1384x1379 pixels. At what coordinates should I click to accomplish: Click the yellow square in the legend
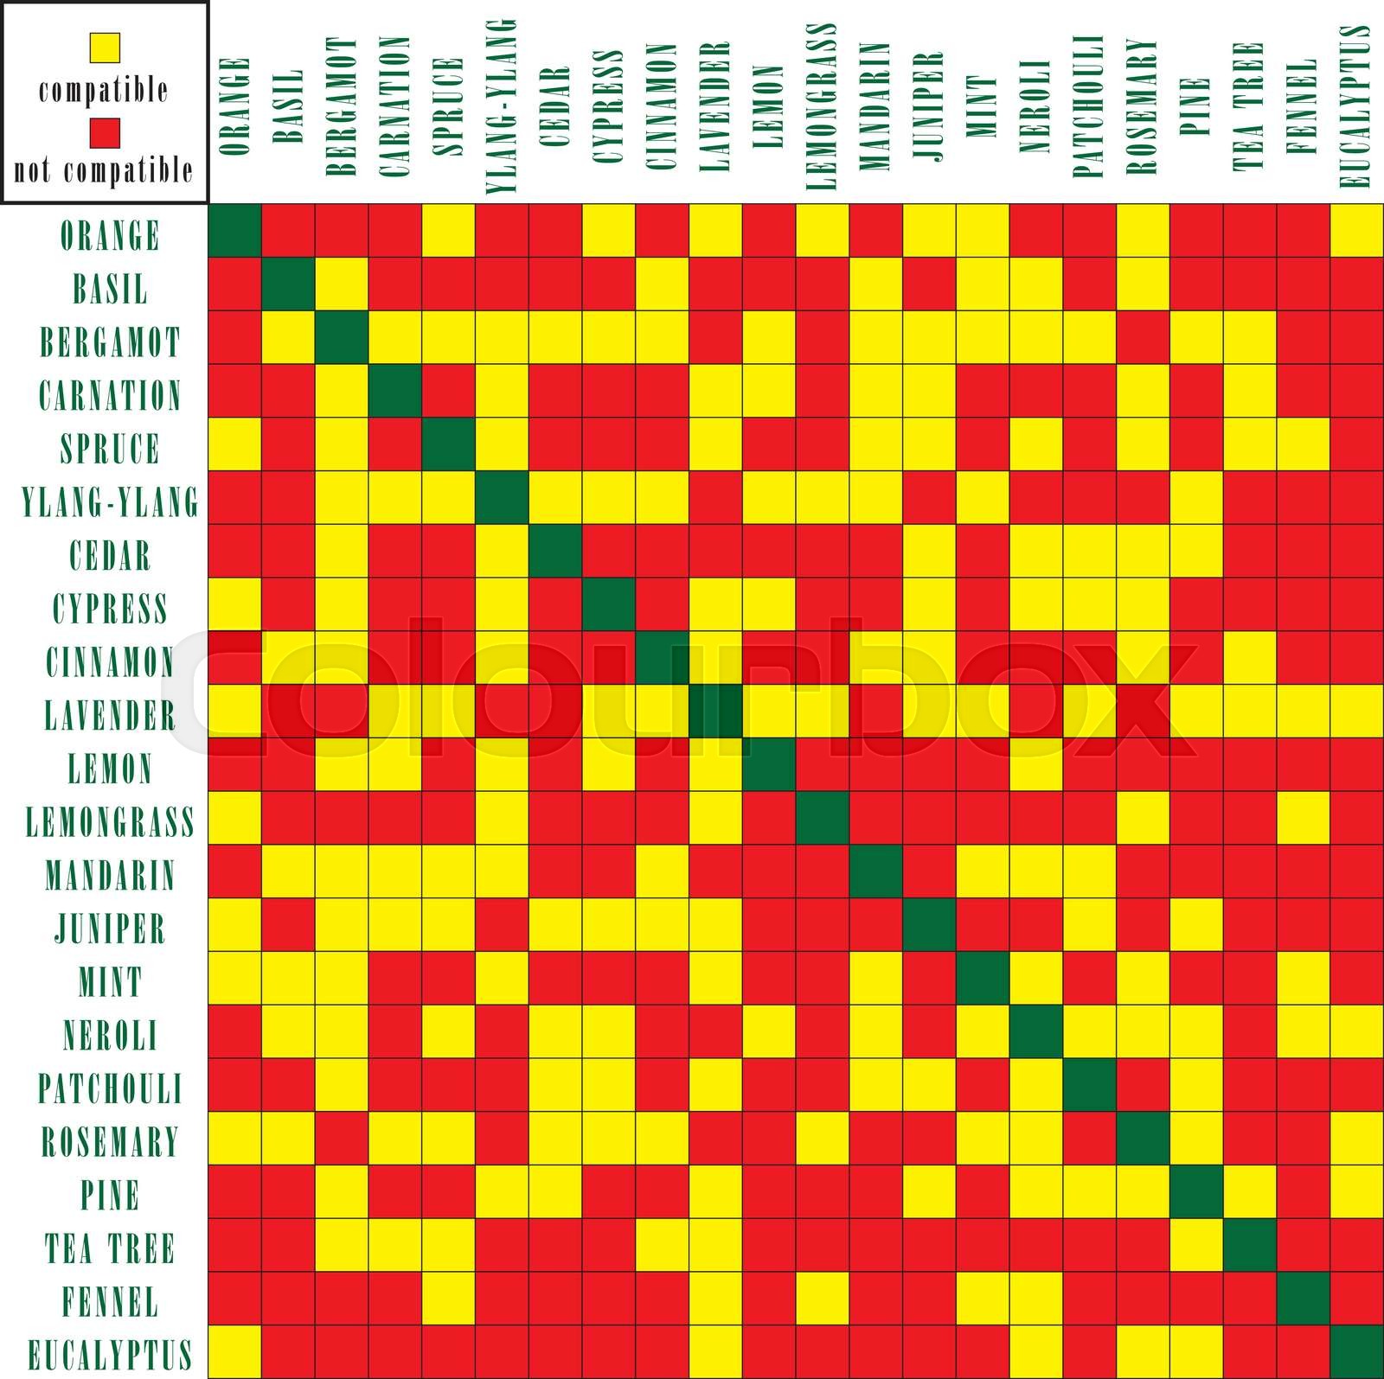104,47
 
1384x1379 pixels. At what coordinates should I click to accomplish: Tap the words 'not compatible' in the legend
104,170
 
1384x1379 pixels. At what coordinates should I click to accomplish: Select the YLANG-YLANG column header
502,105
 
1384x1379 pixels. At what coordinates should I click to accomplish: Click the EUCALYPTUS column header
1355,105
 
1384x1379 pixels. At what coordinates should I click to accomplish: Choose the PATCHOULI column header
1089,106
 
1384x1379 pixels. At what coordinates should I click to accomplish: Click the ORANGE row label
110,235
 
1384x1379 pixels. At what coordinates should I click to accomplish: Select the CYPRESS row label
110,609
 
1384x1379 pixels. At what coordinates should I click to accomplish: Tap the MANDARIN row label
110,875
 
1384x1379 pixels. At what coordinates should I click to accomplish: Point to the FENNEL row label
110,1301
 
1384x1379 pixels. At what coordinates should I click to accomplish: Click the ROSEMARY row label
110,1141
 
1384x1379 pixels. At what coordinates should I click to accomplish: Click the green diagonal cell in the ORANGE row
235,230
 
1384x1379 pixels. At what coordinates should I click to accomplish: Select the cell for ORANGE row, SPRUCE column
449,230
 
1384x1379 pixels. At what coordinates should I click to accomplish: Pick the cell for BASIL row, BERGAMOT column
342,284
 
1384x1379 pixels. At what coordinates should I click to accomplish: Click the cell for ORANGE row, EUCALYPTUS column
1356,230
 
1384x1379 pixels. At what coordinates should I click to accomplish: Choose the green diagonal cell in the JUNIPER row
929,924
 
